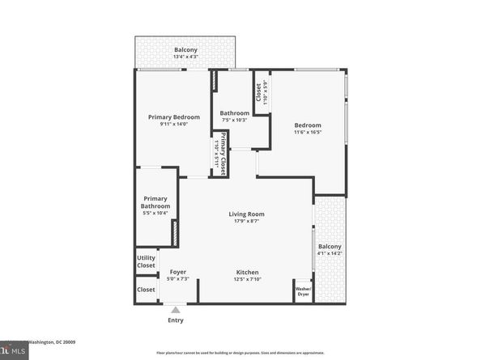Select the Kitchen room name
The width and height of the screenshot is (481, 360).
247,272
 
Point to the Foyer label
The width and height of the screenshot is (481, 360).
177,272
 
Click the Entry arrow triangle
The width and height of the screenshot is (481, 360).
176,308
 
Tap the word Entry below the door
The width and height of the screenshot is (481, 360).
176,320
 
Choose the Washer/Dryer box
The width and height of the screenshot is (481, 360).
303,291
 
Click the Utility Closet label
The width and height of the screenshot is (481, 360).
146,262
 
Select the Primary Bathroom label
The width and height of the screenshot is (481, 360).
155,202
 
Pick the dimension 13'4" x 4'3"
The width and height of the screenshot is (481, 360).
185,57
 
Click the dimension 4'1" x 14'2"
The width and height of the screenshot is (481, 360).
330,254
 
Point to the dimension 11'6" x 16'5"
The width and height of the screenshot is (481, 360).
308,133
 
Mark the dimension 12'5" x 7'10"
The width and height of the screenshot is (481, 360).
247,279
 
